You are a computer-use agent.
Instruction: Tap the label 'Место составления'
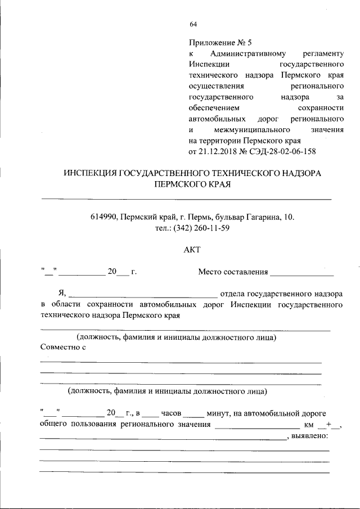233,272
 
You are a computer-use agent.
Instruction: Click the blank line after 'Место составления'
302,274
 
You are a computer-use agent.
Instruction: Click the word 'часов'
170,413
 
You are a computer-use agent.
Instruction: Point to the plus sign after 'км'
328,424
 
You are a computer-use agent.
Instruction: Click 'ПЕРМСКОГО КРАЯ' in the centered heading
192,184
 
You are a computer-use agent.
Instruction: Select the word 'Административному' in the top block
248,53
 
